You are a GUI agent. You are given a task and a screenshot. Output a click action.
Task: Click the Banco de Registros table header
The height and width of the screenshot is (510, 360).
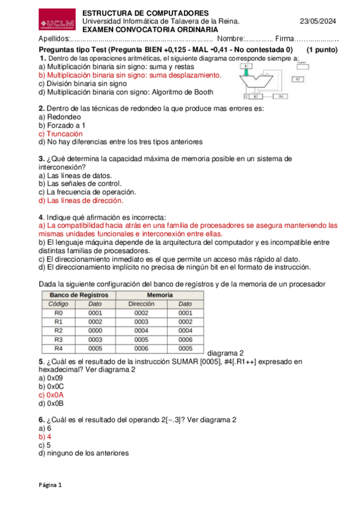coord(79,295)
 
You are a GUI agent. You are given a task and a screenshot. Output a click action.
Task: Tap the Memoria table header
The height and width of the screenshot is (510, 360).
coord(160,295)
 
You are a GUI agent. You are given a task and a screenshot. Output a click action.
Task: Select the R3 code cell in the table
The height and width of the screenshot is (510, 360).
coord(58,339)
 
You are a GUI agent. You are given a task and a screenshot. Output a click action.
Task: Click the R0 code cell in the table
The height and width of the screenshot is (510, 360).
coord(58,313)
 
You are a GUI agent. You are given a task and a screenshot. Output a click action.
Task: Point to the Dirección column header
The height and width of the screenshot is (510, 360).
coord(141,304)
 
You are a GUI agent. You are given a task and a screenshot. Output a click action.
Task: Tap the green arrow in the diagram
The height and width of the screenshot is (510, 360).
coord(248,72)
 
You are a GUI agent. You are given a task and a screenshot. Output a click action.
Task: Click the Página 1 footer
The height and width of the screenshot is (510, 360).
coord(50,484)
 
